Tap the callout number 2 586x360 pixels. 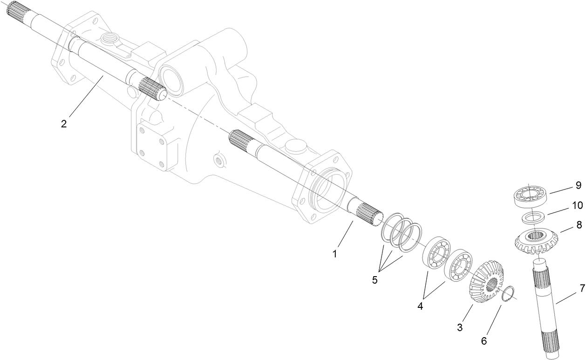tap(64, 124)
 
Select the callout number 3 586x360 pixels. tap(460, 327)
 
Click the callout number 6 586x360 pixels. tap(484, 340)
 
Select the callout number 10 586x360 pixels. tap(577, 204)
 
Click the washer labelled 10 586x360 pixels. tap(531, 217)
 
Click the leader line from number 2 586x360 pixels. tap(87, 97)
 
